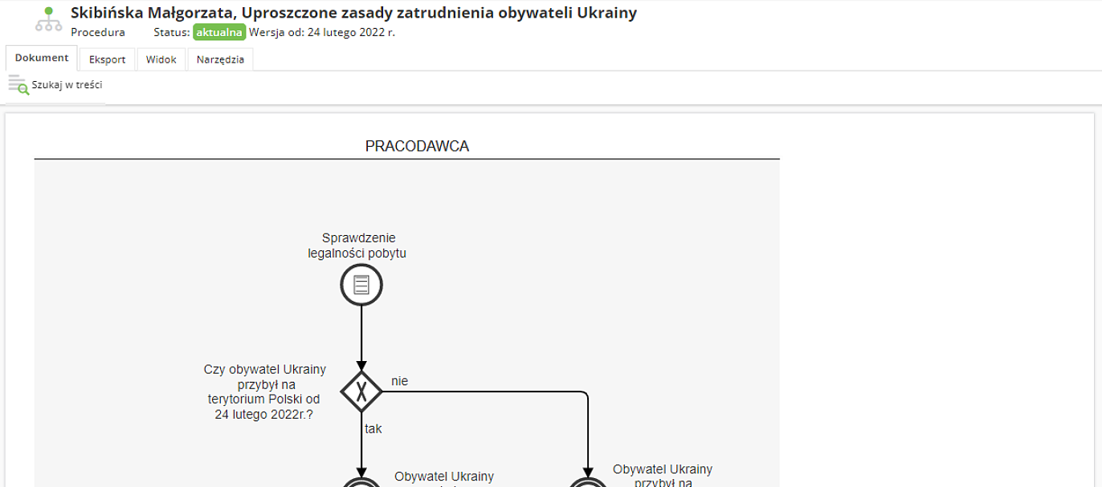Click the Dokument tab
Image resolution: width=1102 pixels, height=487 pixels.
pyautogui.click(x=42, y=59)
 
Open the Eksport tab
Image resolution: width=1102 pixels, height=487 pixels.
pyautogui.click(x=108, y=59)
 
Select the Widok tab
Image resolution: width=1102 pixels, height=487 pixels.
pyautogui.click(x=161, y=59)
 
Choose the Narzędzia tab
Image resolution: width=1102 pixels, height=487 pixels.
pyautogui.click(x=220, y=59)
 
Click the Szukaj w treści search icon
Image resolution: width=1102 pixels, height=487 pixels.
pyautogui.click(x=18, y=84)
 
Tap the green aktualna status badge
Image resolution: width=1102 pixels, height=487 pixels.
pyautogui.click(x=218, y=33)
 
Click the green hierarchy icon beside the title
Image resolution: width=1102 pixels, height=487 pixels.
pyautogui.click(x=48, y=20)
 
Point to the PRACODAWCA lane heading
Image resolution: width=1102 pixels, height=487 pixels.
pyautogui.click(x=417, y=146)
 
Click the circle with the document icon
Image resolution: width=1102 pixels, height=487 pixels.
pyautogui.click(x=361, y=285)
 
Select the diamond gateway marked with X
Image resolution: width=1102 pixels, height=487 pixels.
pyautogui.click(x=361, y=392)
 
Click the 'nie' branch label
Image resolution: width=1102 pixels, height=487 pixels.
pyautogui.click(x=399, y=381)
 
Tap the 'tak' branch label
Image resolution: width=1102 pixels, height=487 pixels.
pyautogui.click(x=373, y=428)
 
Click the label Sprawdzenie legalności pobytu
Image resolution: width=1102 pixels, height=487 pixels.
pyautogui.click(x=358, y=246)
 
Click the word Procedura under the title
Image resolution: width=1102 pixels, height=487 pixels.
pyautogui.click(x=98, y=33)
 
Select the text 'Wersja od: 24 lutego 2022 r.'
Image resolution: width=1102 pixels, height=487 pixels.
pyautogui.click(x=322, y=33)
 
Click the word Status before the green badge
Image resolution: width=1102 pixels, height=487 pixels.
pyautogui.click(x=169, y=33)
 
